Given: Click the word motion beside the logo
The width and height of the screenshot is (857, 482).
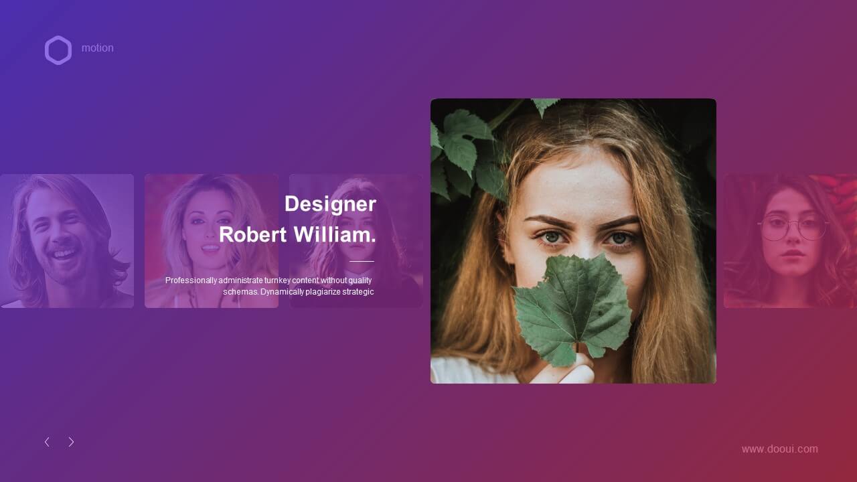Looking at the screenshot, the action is tap(98, 48).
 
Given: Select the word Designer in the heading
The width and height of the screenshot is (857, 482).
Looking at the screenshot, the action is tap(330, 204).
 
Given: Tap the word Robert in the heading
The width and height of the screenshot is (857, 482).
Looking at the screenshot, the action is tap(252, 234).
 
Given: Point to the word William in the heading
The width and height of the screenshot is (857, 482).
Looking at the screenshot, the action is tap(332, 234).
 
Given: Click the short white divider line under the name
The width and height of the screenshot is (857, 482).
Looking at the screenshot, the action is tap(362, 261).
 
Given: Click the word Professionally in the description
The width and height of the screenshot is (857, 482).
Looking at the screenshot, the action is tap(191, 280).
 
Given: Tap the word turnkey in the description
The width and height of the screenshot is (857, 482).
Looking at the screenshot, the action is tap(277, 280).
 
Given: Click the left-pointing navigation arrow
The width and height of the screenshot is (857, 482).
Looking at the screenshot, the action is tap(47, 442).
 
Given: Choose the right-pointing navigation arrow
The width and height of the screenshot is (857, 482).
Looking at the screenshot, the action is tap(71, 442).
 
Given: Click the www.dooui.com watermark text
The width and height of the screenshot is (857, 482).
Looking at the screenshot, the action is tap(780, 449).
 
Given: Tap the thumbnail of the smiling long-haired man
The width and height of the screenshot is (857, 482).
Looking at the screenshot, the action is tap(67, 241).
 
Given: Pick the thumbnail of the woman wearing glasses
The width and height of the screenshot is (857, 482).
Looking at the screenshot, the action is tap(790, 241).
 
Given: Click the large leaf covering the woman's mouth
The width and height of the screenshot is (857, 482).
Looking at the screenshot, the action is tap(572, 306).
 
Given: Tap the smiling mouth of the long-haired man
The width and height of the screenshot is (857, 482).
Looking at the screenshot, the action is tap(65, 252).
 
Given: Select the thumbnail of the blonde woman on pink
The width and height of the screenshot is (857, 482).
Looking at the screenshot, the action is tap(212, 241).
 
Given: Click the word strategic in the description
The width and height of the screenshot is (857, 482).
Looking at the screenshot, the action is tap(358, 292).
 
